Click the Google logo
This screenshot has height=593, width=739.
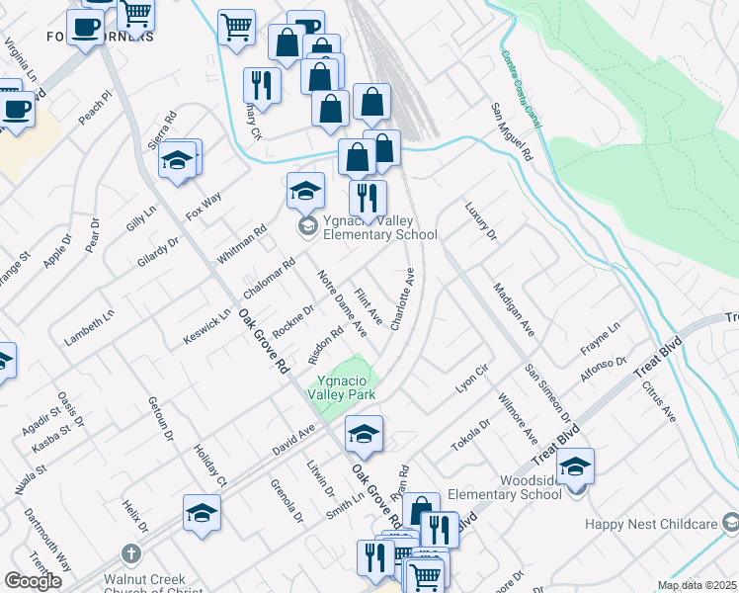[x=33, y=581]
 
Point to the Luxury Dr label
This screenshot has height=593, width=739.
[x=480, y=221]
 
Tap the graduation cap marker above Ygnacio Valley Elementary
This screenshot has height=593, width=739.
[x=306, y=189]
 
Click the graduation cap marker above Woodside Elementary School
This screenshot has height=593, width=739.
[x=576, y=466]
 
